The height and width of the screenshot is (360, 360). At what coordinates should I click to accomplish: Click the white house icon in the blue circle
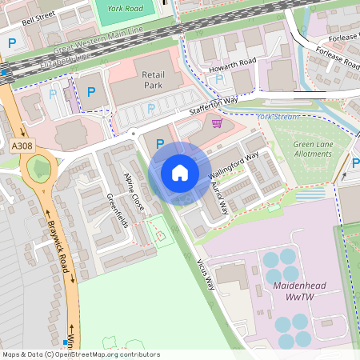pyautogui.click(x=180, y=173)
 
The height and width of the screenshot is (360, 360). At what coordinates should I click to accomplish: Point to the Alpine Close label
pyautogui.click(x=134, y=191)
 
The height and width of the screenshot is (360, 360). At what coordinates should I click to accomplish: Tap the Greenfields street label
pyautogui.click(x=118, y=210)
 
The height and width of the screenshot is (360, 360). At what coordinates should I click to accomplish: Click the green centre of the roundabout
pyautogui.click(x=38, y=167)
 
